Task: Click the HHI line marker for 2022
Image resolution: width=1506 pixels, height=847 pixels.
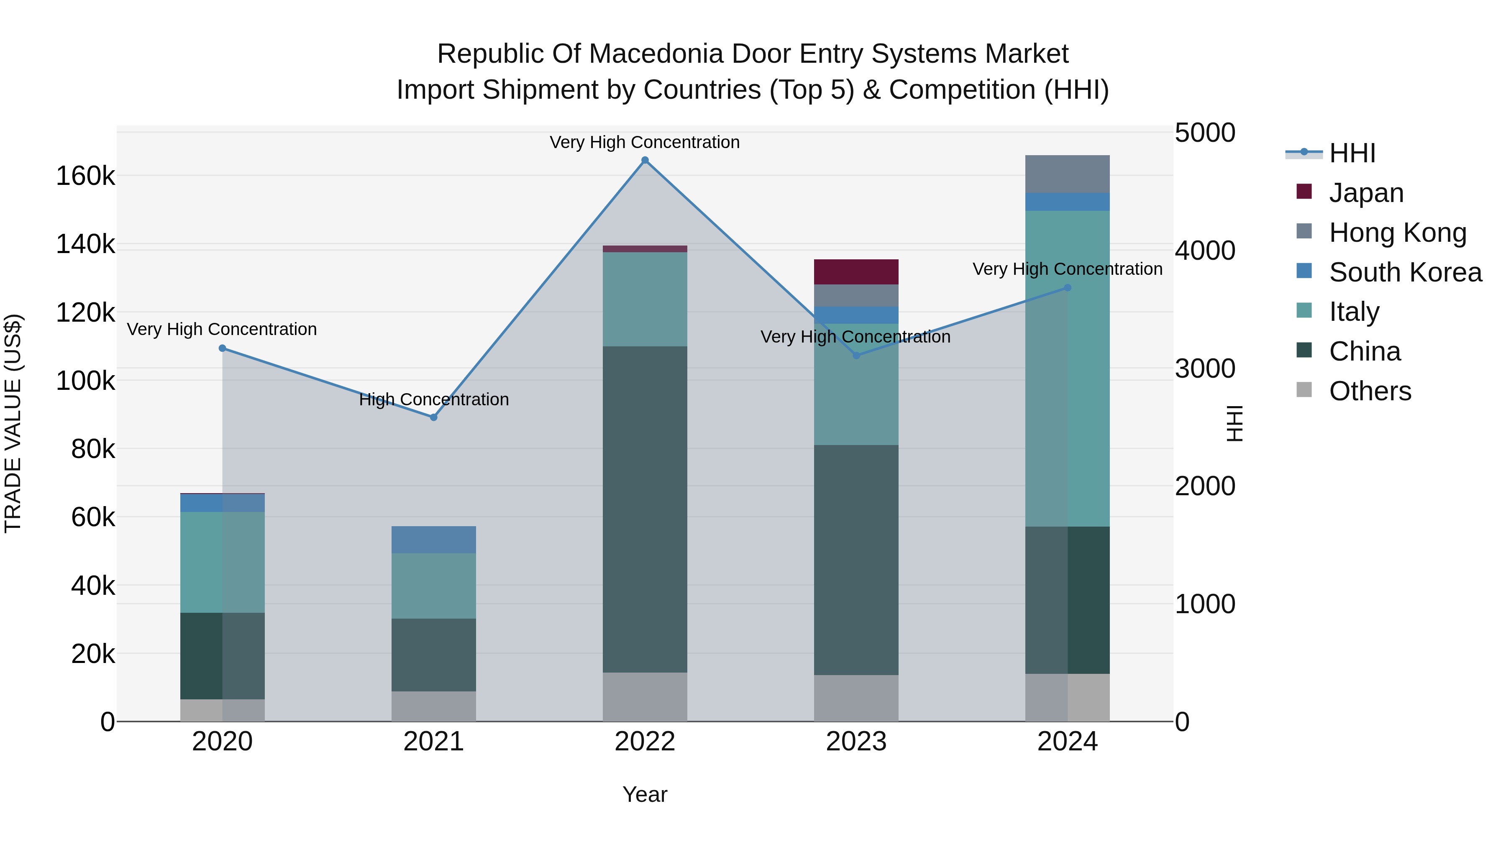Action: pos(645,160)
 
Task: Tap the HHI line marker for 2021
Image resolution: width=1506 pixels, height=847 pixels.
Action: pos(434,417)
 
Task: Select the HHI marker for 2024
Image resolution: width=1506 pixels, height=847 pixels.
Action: pos(1068,288)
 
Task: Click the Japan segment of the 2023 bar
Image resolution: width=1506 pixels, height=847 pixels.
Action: pos(856,272)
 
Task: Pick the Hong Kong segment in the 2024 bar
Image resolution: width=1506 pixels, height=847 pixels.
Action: pos(1068,174)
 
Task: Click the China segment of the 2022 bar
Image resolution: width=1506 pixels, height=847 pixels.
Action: pos(645,509)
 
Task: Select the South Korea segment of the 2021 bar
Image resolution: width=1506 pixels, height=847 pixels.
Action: pos(434,540)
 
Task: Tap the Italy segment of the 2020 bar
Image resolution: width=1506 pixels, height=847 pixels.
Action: pos(222,562)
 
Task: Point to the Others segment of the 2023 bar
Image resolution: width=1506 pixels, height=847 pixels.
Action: pos(856,698)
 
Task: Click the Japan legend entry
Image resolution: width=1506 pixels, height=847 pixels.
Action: pos(1366,193)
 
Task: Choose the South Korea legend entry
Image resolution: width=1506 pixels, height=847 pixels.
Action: pos(1405,272)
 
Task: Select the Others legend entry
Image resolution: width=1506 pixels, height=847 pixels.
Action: pos(1370,391)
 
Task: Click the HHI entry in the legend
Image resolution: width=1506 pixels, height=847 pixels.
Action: pos(1352,153)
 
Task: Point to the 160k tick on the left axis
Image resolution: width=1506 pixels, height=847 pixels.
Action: pos(85,176)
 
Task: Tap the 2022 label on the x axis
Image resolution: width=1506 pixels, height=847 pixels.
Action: pos(645,742)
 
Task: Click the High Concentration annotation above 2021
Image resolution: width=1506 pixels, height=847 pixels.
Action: pos(434,400)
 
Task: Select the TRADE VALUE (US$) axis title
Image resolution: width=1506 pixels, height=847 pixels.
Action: pos(13,423)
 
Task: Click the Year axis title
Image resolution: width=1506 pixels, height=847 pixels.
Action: pos(645,794)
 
